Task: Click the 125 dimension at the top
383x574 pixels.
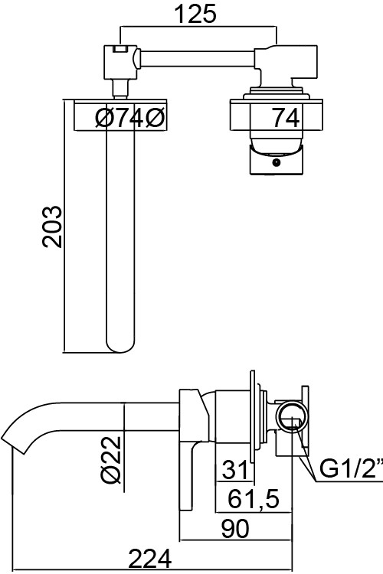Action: coord(195,14)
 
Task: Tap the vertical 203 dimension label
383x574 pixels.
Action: coord(52,227)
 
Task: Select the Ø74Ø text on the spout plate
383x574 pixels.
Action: coord(130,118)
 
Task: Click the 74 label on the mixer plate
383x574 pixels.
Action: coord(286,118)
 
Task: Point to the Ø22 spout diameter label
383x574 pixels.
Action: coord(110,458)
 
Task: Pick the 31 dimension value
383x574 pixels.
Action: coord(234,469)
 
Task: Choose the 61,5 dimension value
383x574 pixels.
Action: coord(254,498)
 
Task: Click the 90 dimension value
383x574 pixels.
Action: coord(235,529)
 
